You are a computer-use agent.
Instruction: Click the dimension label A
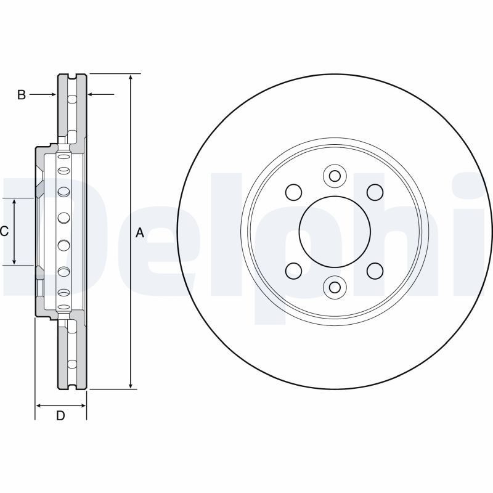point(139,233)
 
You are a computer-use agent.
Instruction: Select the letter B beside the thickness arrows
point(21,95)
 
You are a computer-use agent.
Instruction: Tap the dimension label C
point(4,232)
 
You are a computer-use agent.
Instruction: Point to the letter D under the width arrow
point(60,416)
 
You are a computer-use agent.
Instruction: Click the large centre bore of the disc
point(334,232)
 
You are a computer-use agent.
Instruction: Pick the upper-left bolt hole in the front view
point(294,192)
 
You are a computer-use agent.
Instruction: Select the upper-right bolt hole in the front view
point(374,192)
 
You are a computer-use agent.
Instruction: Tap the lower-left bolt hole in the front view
point(294,271)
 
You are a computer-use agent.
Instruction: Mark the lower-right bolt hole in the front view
point(374,271)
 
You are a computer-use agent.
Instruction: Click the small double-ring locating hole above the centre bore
point(334,176)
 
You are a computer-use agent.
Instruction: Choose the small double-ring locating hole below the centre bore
point(334,287)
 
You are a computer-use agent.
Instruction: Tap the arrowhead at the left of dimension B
point(54,94)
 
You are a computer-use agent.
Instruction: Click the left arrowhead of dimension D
point(39,405)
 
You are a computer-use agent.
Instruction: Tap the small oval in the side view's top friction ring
point(71,100)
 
